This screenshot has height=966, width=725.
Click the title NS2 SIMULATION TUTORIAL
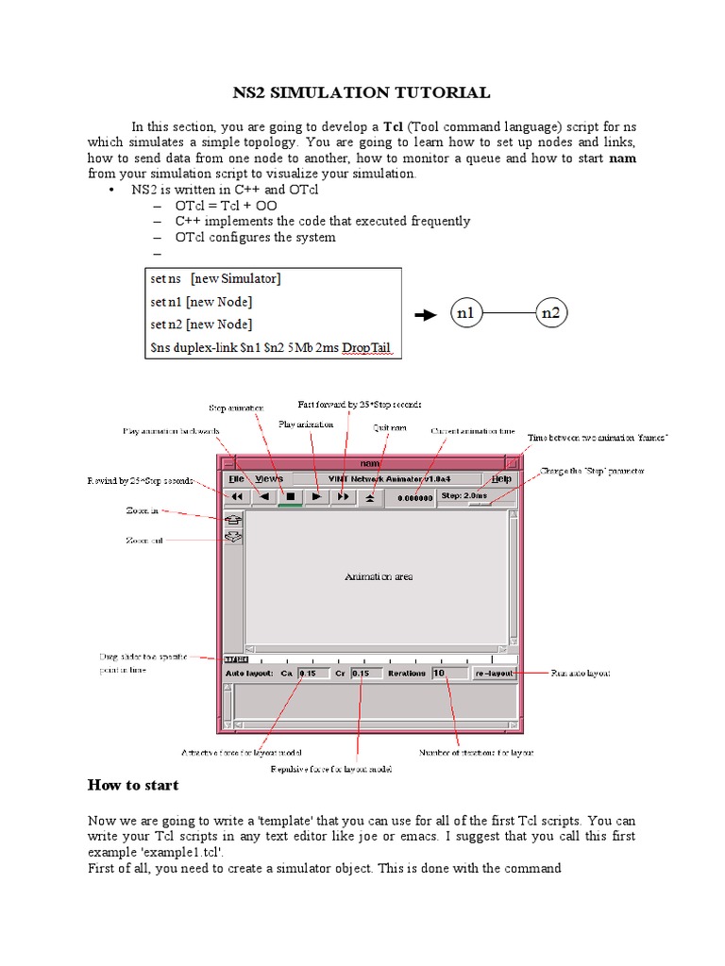[362, 92]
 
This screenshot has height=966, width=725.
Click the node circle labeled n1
[464, 313]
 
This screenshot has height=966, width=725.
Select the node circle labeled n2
[552, 313]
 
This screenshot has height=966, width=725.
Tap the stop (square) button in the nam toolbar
[291, 496]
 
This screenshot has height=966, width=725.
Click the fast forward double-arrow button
[344, 496]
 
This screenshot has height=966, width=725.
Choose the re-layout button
[494, 674]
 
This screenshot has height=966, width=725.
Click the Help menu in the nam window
[500, 479]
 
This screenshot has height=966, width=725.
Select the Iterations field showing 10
[448, 674]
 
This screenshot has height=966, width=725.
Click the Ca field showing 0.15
[311, 674]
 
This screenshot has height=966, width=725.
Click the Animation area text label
[379, 575]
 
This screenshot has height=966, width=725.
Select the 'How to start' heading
[133, 785]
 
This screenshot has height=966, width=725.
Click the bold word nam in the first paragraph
[623, 158]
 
